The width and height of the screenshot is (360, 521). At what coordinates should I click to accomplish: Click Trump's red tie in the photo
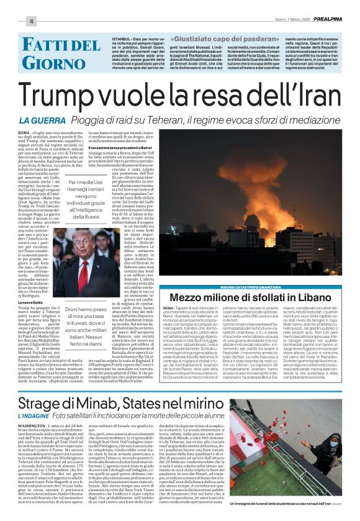[83, 276]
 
